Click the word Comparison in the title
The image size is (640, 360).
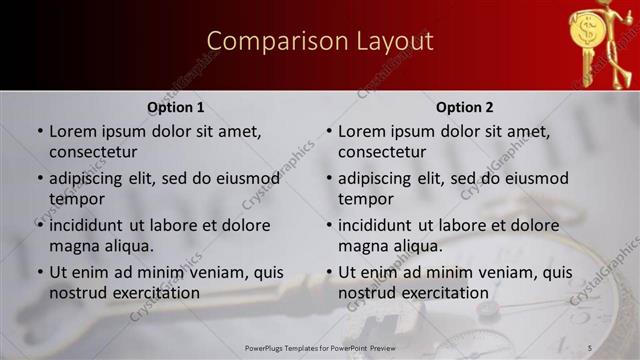(x=262, y=41)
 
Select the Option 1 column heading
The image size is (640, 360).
(x=176, y=107)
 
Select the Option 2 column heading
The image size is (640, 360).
(x=465, y=107)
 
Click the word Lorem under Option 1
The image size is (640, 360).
(x=75, y=131)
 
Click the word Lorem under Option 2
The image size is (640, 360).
(x=364, y=131)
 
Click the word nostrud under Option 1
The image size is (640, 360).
(x=80, y=293)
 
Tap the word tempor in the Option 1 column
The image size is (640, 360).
(x=76, y=199)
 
